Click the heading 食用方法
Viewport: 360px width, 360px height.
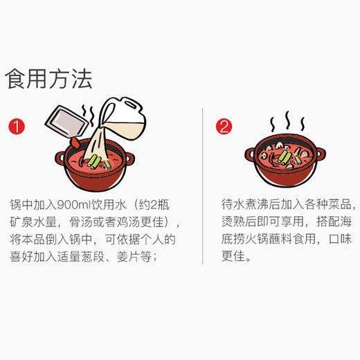tap(48, 78)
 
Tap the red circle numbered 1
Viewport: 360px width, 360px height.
tap(17, 127)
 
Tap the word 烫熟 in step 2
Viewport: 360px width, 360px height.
tap(233, 223)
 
